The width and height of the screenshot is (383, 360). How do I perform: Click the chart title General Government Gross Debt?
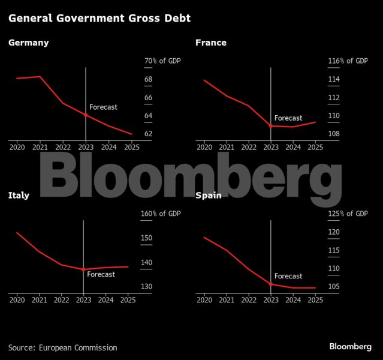[x=99, y=19]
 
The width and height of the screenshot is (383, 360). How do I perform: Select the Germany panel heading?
[x=29, y=43]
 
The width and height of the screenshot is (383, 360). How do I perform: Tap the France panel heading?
[x=211, y=43]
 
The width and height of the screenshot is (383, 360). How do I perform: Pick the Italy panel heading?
[x=19, y=195]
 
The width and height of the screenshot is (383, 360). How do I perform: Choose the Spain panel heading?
[x=209, y=195]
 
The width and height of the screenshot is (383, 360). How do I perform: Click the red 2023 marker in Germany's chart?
[x=86, y=115]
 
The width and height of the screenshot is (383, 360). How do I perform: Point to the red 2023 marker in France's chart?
[x=271, y=126]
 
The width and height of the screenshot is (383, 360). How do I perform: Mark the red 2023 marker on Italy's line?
[x=83, y=270]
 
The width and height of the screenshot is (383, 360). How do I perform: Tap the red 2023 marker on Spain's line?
[x=271, y=284]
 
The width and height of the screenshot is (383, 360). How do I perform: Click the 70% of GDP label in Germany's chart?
[x=162, y=61]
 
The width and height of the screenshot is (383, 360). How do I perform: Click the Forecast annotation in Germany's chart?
[x=103, y=107]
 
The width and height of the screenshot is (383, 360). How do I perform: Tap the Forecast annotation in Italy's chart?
[x=101, y=274]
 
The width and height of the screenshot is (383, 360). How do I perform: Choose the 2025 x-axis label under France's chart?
[x=315, y=147]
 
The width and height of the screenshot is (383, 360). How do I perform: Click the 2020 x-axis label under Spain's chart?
[x=204, y=300]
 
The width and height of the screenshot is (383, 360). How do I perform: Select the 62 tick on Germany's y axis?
[x=149, y=134]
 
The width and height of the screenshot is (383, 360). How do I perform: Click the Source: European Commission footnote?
[x=62, y=347]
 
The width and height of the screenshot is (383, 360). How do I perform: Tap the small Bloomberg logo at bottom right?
[x=350, y=347]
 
